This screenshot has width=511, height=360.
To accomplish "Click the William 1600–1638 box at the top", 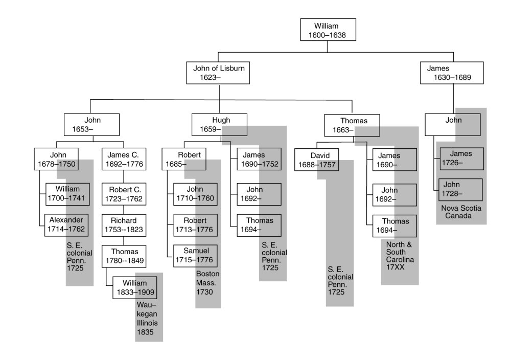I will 327,30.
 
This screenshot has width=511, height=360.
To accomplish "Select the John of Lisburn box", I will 219,73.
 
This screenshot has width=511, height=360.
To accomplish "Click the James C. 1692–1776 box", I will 123,160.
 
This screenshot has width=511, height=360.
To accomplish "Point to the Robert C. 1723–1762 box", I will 123,194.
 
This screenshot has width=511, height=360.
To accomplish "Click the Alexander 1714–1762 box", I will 66,224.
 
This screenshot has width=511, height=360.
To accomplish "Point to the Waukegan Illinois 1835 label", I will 147,318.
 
